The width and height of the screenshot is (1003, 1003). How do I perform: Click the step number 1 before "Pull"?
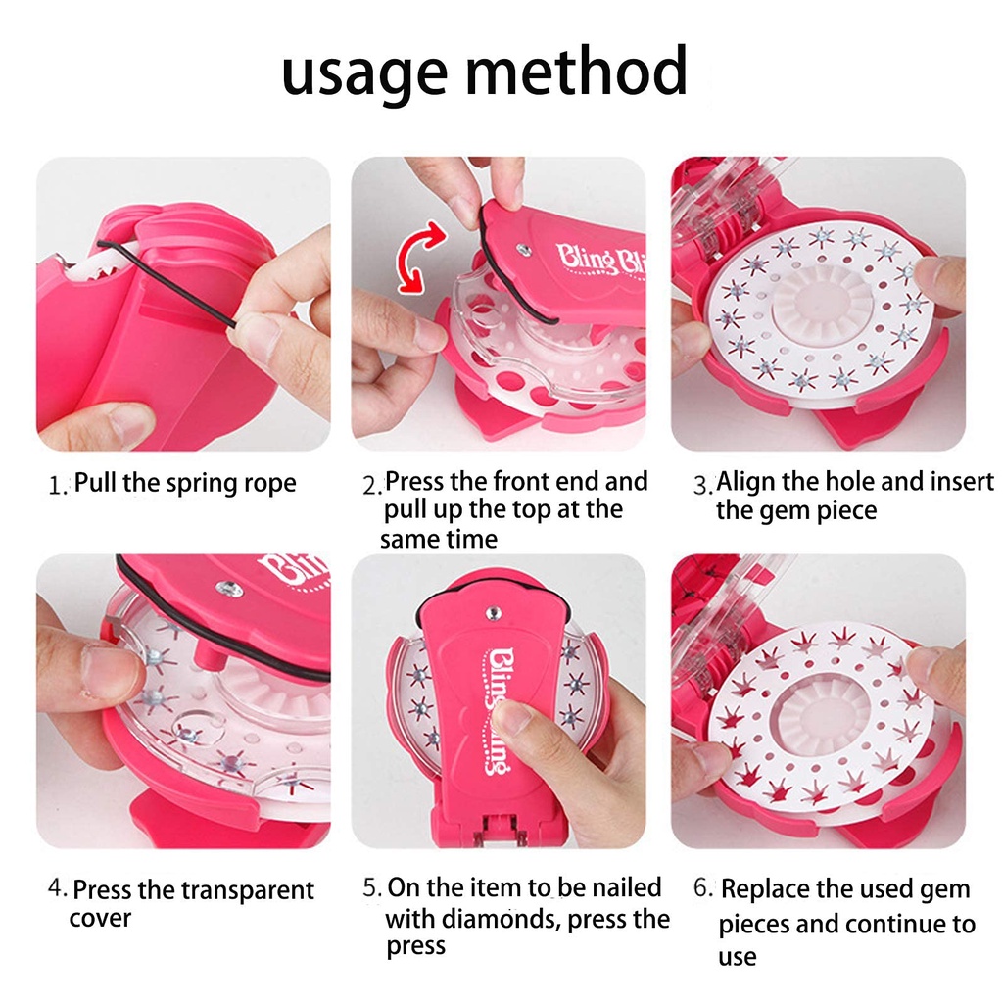point(57,485)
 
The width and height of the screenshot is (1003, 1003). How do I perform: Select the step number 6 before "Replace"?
point(702,889)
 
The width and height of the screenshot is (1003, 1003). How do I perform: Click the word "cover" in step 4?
point(100,920)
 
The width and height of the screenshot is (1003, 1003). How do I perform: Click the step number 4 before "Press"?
point(57,889)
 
